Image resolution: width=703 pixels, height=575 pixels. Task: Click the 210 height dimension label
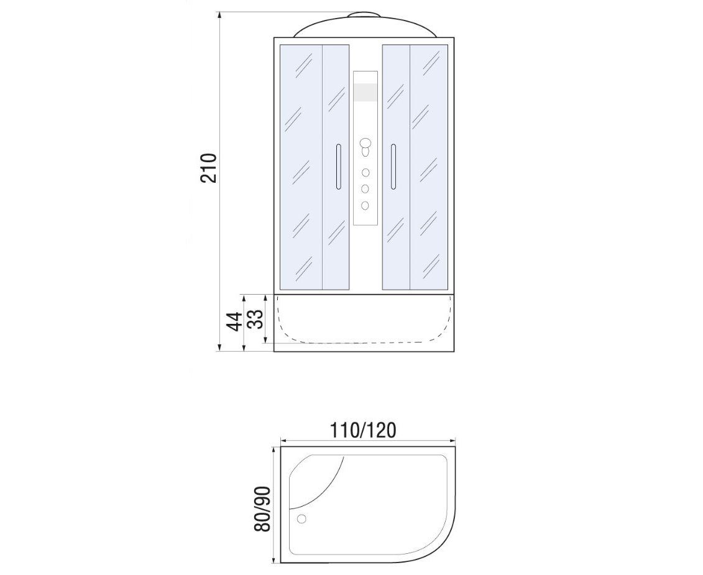pos(209,168)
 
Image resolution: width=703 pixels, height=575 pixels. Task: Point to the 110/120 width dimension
pos(363,430)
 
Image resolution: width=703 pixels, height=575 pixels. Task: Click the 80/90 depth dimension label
pos(262,508)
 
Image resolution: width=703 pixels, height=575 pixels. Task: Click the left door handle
pos(338,166)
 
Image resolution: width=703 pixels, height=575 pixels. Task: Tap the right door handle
pos(393,166)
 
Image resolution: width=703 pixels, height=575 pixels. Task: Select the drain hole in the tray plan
pos(301,519)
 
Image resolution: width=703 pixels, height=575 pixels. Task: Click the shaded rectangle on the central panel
pos(365,93)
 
